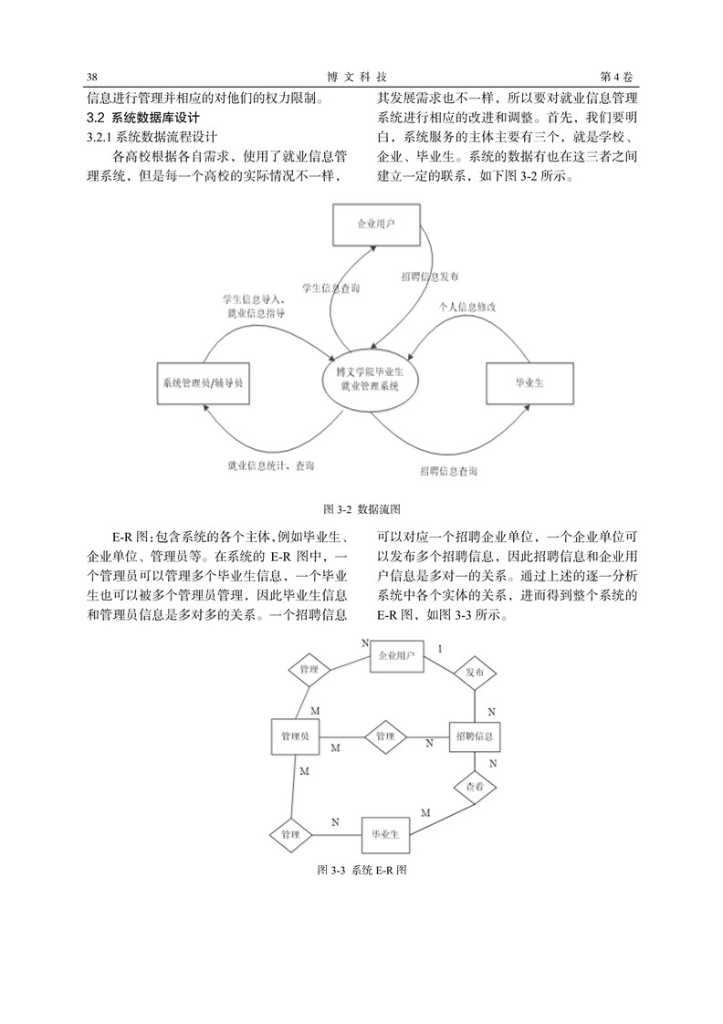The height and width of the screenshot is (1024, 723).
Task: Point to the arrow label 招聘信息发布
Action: (429, 277)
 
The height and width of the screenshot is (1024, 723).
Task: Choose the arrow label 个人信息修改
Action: (467, 306)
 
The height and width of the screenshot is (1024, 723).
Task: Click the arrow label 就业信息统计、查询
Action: (270, 465)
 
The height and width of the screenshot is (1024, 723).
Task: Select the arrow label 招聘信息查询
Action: (448, 471)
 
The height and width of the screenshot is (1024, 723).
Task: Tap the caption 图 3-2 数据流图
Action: (361, 509)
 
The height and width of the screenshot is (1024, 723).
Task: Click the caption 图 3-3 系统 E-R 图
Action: (361, 870)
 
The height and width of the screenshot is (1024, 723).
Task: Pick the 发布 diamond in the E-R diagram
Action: (474, 672)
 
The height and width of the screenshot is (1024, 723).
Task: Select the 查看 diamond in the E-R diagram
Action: (475, 787)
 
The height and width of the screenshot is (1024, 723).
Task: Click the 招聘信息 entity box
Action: (475, 736)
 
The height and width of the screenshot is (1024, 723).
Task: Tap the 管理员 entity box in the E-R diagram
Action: (295, 737)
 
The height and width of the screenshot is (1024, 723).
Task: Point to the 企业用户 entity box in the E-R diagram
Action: (396, 655)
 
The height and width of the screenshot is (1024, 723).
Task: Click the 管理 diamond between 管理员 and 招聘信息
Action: (385, 737)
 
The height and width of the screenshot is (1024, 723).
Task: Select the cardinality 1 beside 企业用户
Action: (439, 649)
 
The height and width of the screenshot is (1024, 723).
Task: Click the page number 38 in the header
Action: (92, 77)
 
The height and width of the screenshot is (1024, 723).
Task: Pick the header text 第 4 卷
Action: (617, 77)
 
